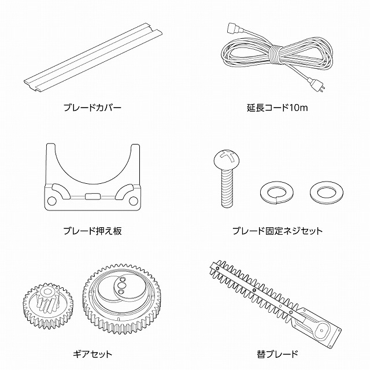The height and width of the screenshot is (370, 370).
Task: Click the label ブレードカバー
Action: coord(92,108)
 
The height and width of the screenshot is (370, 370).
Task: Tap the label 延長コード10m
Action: coord(277,108)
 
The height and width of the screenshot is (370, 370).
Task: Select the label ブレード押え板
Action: coord(92,231)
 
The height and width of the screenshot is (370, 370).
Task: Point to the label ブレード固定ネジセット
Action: coord(277,231)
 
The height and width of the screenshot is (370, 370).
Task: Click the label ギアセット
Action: coord(92,354)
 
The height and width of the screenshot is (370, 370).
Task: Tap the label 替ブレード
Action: coord(277,354)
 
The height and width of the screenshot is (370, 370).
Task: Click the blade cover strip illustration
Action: coord(93,57)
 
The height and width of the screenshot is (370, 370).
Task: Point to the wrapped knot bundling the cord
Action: coord(276,55)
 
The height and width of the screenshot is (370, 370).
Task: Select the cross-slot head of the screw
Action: coord(227,158)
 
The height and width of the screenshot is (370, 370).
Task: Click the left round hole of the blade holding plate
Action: coord(52,201)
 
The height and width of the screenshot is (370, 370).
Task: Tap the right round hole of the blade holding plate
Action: coord(134,201)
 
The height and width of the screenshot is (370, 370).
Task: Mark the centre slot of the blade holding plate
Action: coord(92,197)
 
